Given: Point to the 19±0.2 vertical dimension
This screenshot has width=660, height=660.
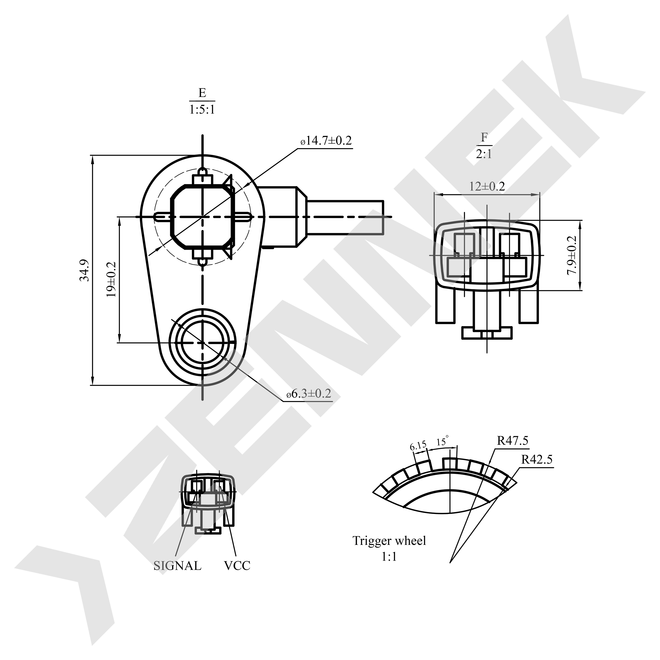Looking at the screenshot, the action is point(111,279).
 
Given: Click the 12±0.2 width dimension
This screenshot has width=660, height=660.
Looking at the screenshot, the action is point(487,187).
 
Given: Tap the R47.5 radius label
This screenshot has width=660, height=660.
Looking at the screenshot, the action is point(512,441).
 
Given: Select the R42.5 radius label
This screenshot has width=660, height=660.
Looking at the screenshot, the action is point(537,459).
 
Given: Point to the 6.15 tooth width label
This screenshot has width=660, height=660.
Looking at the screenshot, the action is point(418,445).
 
